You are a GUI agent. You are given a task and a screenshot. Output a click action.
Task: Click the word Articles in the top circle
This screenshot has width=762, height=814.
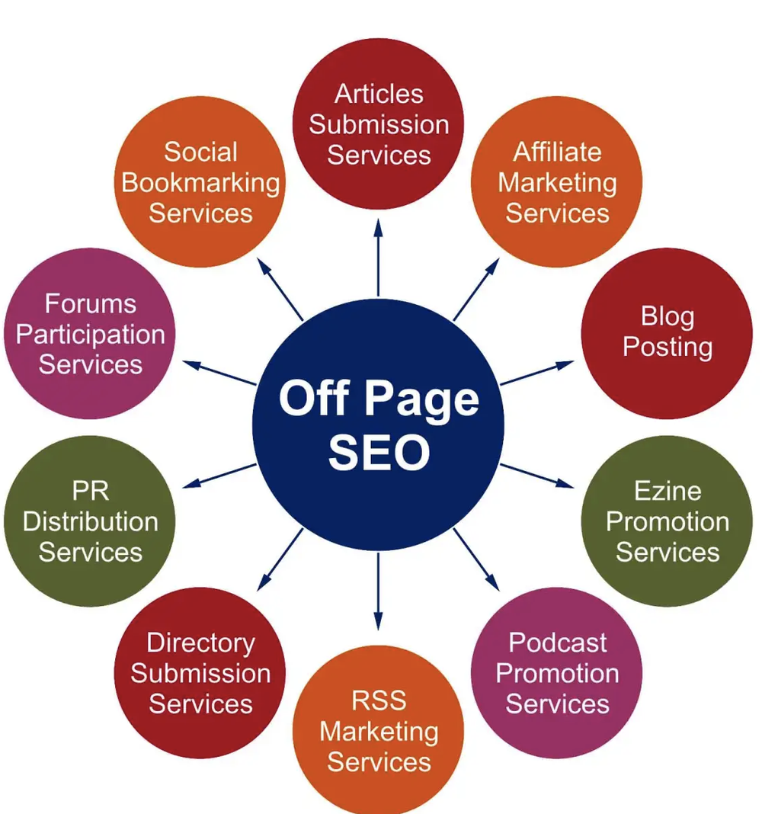coord(379,94)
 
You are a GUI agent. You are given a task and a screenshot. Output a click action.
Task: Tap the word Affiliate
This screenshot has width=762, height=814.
coord(557,152)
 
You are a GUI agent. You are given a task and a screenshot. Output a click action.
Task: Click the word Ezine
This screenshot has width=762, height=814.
coord(668,491)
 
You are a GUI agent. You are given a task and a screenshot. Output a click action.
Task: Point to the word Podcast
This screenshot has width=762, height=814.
coord(557,643)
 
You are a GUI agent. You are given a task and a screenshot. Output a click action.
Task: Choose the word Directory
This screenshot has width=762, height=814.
coord(200,643)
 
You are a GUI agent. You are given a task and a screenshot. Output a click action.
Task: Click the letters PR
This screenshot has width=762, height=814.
coord(91,491)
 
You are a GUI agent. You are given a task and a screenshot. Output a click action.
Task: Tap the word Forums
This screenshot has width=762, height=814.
coord(91,303)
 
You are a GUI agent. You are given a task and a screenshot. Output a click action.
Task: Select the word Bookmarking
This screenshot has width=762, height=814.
coord(200,183)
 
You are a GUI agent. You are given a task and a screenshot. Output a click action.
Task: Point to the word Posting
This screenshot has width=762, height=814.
coord(668,347)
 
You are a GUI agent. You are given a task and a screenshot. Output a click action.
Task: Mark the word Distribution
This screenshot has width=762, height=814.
coord(91,522)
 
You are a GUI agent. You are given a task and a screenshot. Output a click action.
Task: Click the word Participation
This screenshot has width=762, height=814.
coord(91,335)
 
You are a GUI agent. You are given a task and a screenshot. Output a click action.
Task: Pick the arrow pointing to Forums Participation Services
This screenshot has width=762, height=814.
coord(221,373)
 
